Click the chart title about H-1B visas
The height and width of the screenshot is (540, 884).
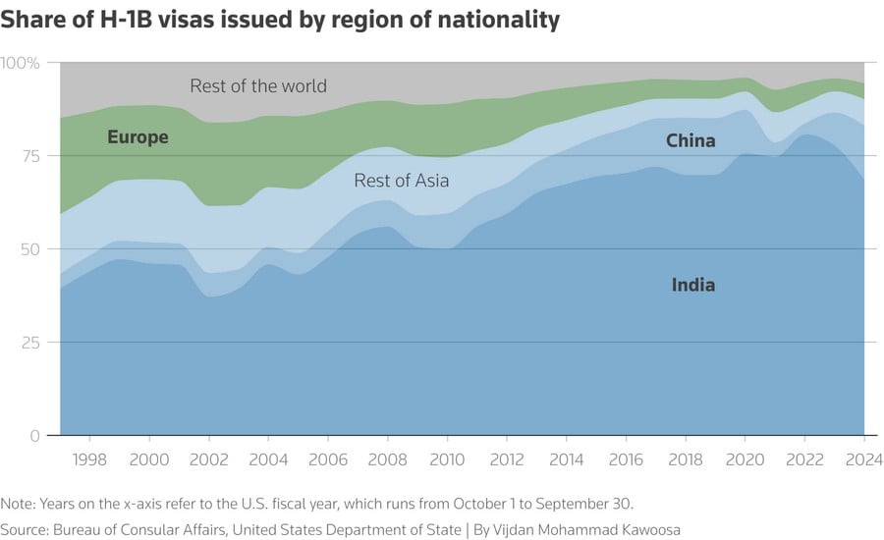281,20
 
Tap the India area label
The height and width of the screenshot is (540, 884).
693,286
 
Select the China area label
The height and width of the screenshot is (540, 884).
691,141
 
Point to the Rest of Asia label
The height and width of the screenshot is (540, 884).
402,182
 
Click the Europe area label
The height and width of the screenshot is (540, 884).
138,137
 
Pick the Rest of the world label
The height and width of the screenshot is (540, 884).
258,86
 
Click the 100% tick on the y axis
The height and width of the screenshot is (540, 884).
20,63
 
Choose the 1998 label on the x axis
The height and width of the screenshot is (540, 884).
89,459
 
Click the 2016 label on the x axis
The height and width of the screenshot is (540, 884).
627,459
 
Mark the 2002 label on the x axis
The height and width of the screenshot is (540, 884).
209,459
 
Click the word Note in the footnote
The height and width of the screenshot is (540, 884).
17,504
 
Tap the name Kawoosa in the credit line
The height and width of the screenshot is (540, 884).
650,529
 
